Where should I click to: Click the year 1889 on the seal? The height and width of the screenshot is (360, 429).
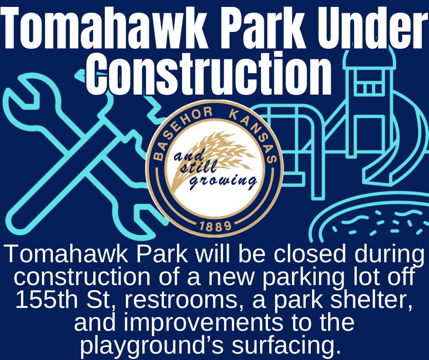tap(215, 226)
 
